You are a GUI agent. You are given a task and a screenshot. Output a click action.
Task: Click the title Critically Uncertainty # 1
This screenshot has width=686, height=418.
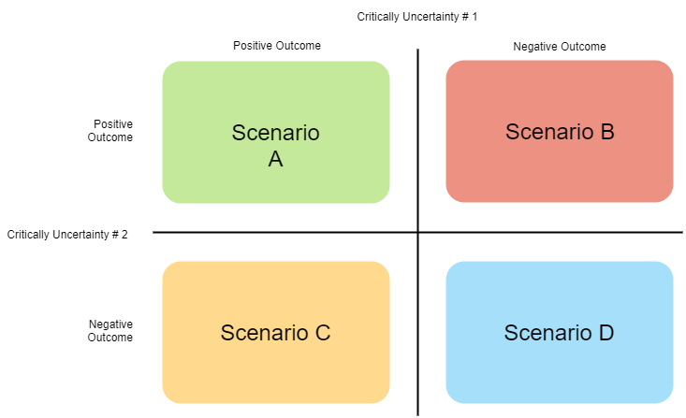(417, 17)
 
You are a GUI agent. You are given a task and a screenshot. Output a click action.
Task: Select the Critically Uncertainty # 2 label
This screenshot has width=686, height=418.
(67, 235)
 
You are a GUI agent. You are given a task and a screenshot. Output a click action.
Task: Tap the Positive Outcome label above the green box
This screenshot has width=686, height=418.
(277, 46)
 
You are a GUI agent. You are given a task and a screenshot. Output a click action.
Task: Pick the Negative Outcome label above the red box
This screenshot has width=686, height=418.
(559, 47)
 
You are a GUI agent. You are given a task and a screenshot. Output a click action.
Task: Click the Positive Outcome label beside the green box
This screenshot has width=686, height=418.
(110, 130)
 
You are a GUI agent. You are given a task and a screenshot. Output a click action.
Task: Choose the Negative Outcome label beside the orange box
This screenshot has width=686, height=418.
(110, 330)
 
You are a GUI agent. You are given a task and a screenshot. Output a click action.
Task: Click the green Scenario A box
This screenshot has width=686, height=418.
(276, 132)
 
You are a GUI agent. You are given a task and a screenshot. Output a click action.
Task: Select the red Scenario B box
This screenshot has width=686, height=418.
(560, 131)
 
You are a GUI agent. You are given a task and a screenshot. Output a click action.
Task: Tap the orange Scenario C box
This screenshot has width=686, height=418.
(276, 332)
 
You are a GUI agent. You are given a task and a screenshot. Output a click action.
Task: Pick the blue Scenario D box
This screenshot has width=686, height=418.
(560, 332)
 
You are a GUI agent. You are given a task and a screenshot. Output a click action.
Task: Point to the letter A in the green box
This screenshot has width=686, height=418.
(276, 159)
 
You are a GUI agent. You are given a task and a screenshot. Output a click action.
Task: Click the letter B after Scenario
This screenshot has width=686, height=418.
(607, 132)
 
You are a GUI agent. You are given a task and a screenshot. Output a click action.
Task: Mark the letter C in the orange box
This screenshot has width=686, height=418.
(323, 333)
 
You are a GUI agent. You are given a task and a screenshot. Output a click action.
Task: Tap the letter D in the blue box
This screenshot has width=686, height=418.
(606, 333)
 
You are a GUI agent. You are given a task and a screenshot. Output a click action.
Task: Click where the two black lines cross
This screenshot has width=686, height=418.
(417, 232)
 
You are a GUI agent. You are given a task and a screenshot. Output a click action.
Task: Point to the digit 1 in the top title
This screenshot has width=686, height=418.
(474, 17)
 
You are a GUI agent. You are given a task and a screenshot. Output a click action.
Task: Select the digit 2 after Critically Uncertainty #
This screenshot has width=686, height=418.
(124, 235)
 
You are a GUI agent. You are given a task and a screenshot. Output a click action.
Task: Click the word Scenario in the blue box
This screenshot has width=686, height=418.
(547, 333)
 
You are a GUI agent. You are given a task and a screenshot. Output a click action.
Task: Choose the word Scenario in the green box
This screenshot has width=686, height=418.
(276, 133)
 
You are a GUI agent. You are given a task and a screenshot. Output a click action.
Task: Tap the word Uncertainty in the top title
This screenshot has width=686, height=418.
(431, 17)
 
